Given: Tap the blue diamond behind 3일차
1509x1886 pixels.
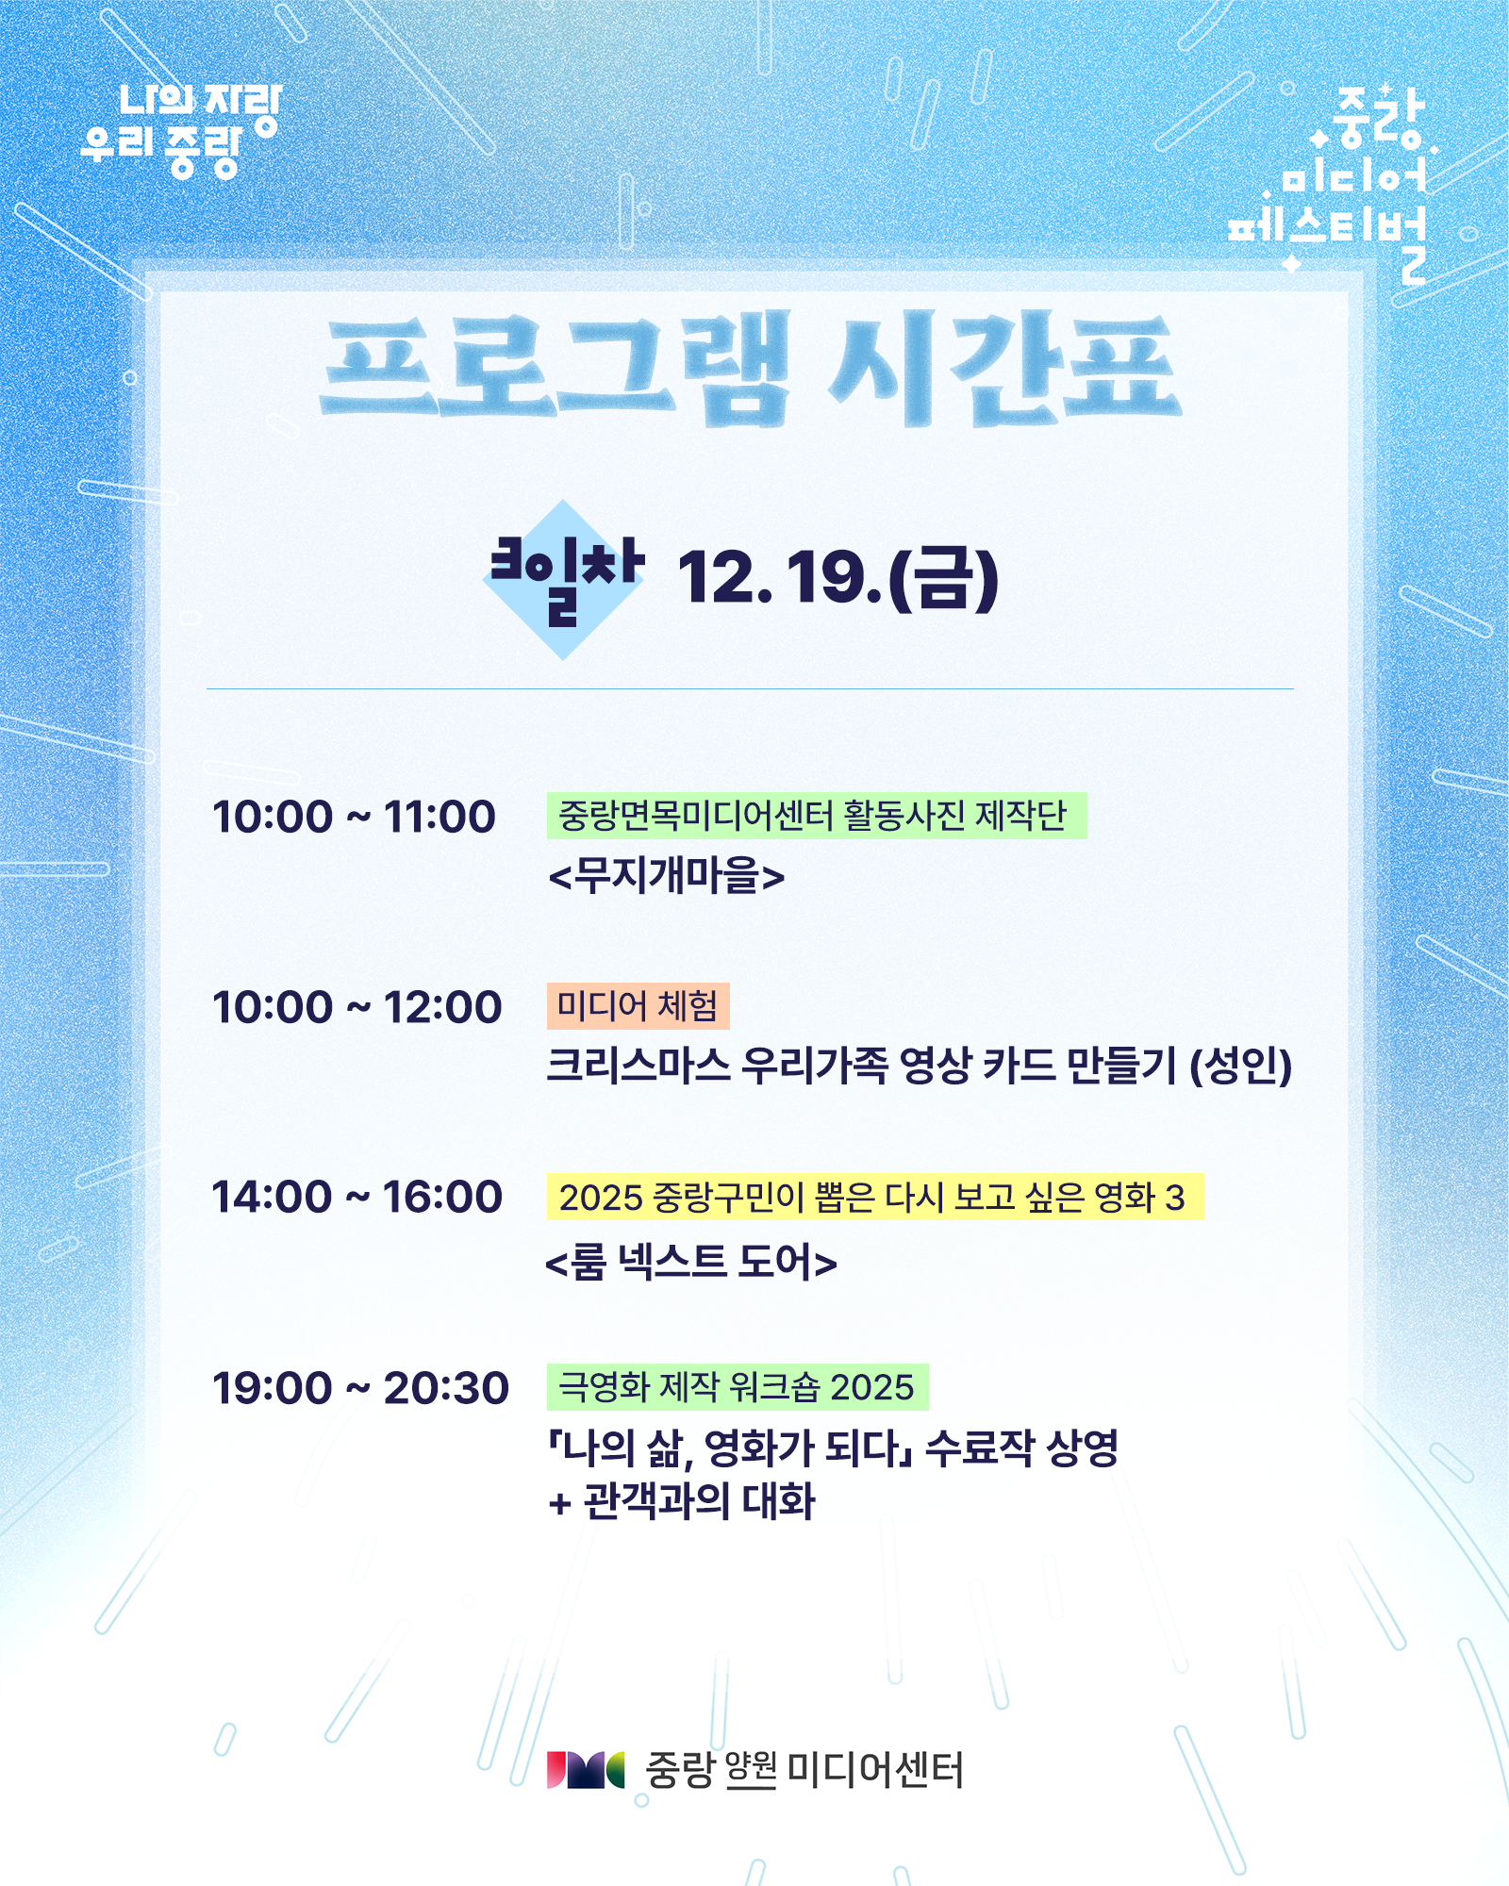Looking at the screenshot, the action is [x=563, y=580].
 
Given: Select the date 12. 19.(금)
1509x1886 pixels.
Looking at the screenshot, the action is [x=837, y=578].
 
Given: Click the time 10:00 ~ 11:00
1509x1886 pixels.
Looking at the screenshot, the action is [x=354, y=817].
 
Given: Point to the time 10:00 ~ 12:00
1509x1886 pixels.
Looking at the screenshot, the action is [x=357, y=1007].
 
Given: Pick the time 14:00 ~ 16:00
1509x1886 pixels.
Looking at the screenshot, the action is [x=357, y=1197].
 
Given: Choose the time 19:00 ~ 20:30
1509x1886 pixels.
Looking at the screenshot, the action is [x=360, y=1388].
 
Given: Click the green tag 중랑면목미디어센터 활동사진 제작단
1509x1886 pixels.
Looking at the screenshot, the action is [x=817, y=816].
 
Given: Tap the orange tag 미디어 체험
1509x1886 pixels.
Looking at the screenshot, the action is [x=638, y=1006].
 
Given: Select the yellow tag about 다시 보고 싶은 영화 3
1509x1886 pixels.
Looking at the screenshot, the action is [x=875, y=1197].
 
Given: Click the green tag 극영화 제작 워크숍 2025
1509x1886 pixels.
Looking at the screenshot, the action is [x=738, y=1387].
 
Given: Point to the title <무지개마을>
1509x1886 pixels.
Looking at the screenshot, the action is [x=666, y=876].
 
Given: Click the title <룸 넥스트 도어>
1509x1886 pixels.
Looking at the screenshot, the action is [x=691, y=1262].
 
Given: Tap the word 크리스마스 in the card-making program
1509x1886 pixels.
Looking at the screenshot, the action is [x=638, y=1066].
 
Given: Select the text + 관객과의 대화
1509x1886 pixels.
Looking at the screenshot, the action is [x=682, y=1502].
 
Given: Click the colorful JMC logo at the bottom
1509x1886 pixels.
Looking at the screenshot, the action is [x=586, y=1770].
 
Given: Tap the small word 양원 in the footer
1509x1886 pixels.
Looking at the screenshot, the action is [x=751, y=1770].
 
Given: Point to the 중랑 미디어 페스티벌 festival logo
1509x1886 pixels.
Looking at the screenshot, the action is [x=1330, y=184].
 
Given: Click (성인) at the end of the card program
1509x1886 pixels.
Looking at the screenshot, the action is [x=1240, y=1066].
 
